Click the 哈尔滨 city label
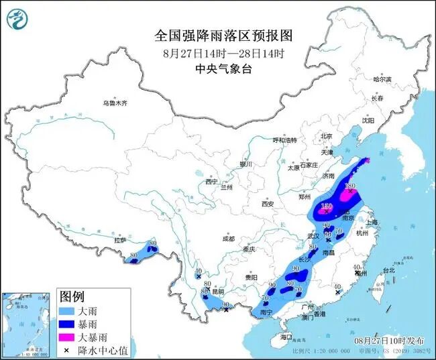381,80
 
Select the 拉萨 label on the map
120,239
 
